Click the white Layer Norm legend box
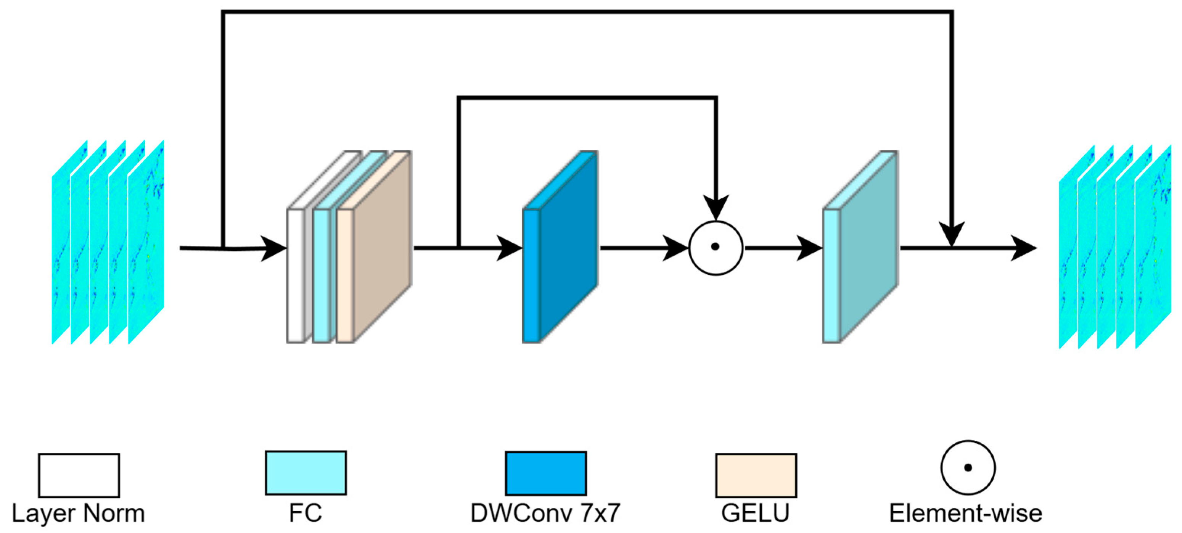pos(79,475)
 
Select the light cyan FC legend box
pos(306,472)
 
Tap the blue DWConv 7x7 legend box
pos(545,473)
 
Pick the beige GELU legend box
pos(756,475)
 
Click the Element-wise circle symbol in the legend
pos(968,467)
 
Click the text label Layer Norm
pos(78,513)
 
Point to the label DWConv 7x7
pos(545,513)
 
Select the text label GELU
pos(755,513)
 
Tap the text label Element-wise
pos(965,513)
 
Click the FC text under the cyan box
pos(306,513)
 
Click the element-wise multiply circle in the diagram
pos(716,248)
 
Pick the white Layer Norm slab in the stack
pos(296,275)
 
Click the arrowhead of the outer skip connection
pos(952,234)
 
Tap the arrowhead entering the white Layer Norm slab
pos(274,248)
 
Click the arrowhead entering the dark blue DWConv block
pos(509,248)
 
